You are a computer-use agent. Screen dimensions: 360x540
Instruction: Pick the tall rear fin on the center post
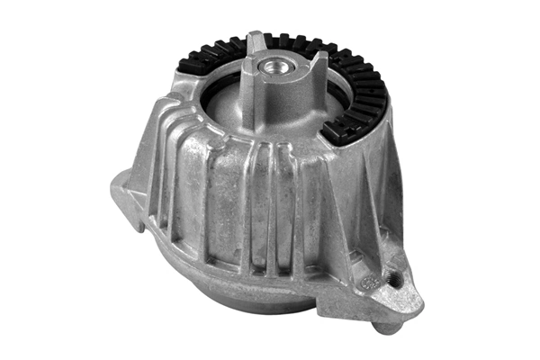click(x=256, y=45)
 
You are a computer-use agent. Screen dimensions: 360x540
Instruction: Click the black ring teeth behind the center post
click(x=288, y=41)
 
